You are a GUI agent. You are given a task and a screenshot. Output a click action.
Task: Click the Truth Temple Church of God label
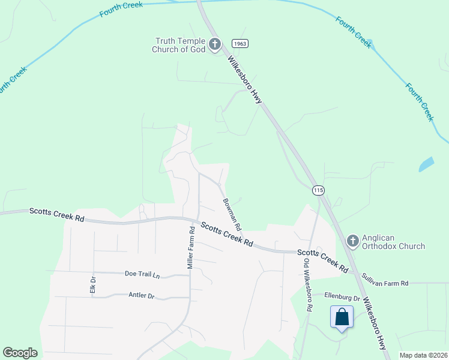point(180,45)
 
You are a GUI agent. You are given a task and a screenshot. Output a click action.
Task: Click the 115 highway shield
point(318,190)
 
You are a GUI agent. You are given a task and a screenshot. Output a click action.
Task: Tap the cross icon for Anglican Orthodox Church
point(353,241)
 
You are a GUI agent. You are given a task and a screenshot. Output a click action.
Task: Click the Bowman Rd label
point(232,215)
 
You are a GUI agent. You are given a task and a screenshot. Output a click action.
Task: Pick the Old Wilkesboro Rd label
point(307,285)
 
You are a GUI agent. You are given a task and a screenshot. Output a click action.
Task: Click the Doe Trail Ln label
point(142,274)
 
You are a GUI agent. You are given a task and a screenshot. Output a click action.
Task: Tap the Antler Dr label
point(142,296)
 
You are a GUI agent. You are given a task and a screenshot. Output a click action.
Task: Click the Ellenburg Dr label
point(342,296)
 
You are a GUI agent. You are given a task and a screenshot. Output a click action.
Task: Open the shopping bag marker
point(342,317)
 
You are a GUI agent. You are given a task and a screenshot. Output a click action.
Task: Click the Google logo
point(20,353)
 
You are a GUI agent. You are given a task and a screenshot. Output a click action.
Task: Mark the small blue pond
point(426,164)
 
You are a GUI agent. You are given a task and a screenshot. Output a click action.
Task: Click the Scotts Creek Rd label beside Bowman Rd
point(226,234)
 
